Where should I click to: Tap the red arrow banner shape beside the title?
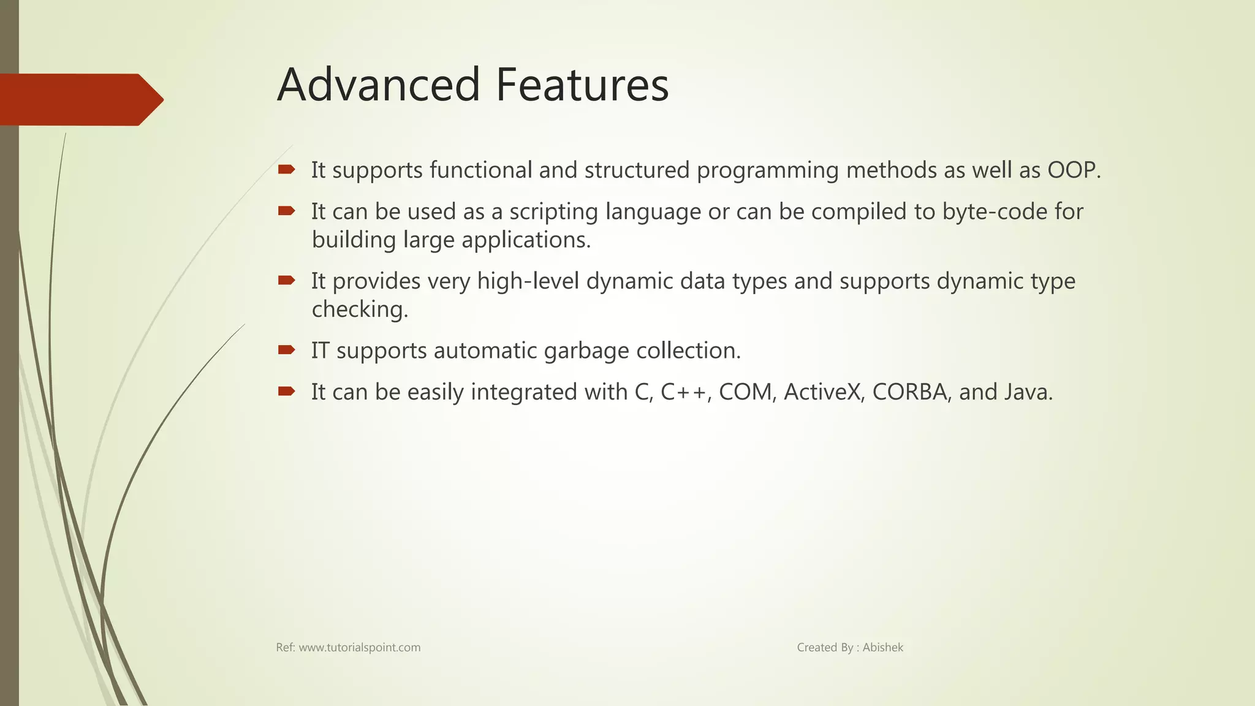pos(80,99)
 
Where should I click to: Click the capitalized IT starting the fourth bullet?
pos(320,351)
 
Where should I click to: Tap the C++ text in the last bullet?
pos(684,392)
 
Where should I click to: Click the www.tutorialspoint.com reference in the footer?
pos(359,647)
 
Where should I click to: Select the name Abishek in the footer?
pos(882,647)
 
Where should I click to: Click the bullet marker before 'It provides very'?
pos(286,281)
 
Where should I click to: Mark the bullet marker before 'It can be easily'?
pos(286,391)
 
